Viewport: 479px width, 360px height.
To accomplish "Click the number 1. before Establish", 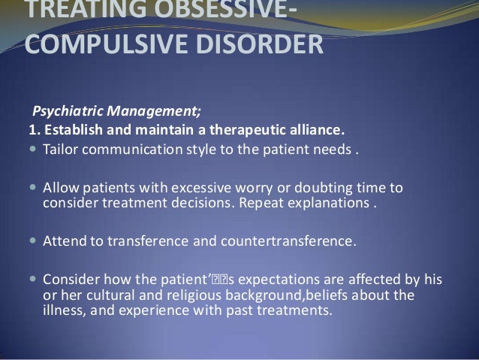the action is pyautogui.click(x=35, y=130).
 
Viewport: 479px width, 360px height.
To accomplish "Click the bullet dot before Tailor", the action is pyautogui.click(x=33, y=150).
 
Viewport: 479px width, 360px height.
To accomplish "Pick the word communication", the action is pyautogui.click(x=132, y=150).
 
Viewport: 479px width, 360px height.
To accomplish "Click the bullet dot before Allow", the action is pyautogui.click(x=33, y=187).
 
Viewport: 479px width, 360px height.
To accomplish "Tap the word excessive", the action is pyautogui.click(x=201, y=188).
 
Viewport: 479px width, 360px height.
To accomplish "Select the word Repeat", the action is pyautogui.click(x=261, y=204).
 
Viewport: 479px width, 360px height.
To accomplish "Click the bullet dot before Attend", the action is pyautogui.click(x=33, y=241).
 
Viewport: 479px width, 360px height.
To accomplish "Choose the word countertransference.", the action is pyautogui.click(x=288, y=241).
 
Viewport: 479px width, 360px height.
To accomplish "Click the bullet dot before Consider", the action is pyautogui.click(x=33, y=279).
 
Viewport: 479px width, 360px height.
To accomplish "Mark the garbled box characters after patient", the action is pyautogui.click(x=220, y=280).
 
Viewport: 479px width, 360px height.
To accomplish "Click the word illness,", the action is pyautogui.click(x=65, y=310).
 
